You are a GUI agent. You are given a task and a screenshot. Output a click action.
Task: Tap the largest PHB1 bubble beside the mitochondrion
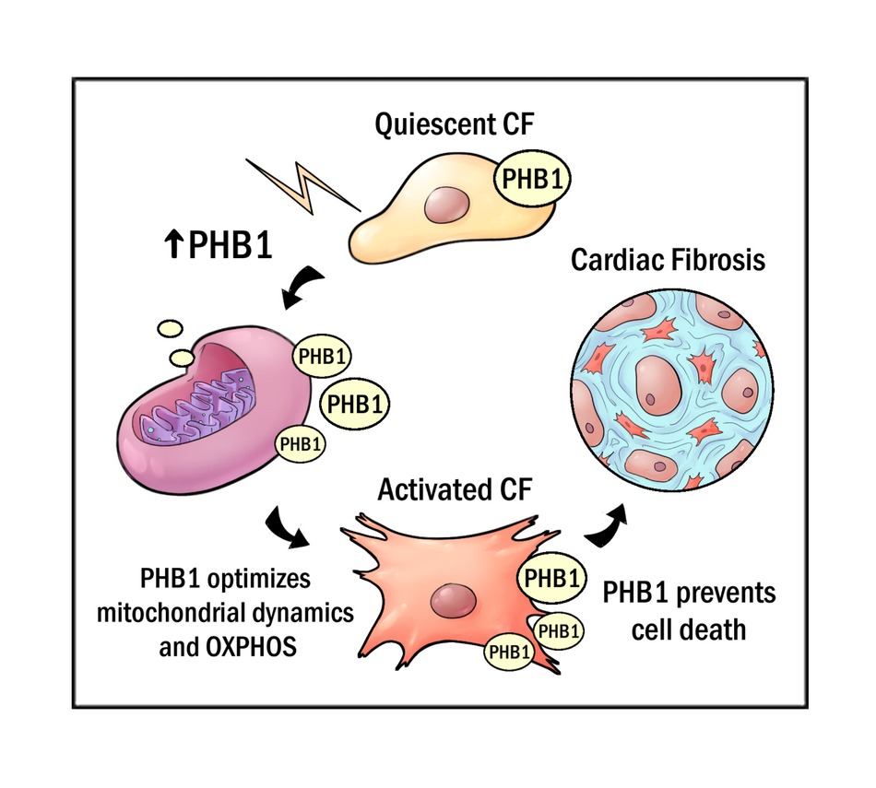click(x=353, y=403)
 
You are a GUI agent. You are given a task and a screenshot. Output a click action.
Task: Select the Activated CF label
click(x=455, y=489)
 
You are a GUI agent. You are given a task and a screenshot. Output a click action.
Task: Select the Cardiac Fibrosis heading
click(x=668, y=260)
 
